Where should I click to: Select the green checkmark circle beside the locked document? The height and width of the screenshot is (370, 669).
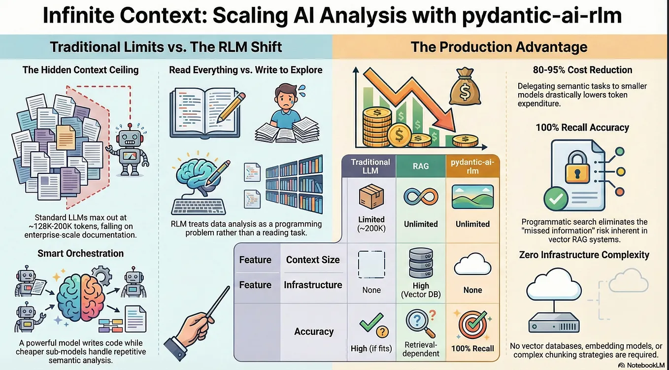tap(556, 199)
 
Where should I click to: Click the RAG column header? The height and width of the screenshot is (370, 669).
tap(421, 166)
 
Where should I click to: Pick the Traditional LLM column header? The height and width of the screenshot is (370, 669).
tap(370, 167)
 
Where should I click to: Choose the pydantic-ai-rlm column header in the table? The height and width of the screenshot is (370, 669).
tap(472, 167)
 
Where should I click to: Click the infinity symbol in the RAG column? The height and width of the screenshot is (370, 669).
tap(421, 197)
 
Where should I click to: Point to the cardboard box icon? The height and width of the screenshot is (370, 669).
tap(371, 196)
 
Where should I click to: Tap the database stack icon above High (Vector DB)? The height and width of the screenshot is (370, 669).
tap(421, 263)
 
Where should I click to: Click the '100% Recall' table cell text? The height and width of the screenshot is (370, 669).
tap(472, 348)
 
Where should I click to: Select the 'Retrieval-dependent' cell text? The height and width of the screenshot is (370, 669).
tap(421, 349)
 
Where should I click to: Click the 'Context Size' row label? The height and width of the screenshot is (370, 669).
tap(313, 260)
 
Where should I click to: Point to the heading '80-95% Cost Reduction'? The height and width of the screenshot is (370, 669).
tap(582, 70)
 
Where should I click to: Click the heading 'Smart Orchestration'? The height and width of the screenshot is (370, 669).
tap(81, 253)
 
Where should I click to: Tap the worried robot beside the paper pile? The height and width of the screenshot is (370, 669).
tap(129, 150)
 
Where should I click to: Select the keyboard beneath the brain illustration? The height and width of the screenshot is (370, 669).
tap(199, 206)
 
